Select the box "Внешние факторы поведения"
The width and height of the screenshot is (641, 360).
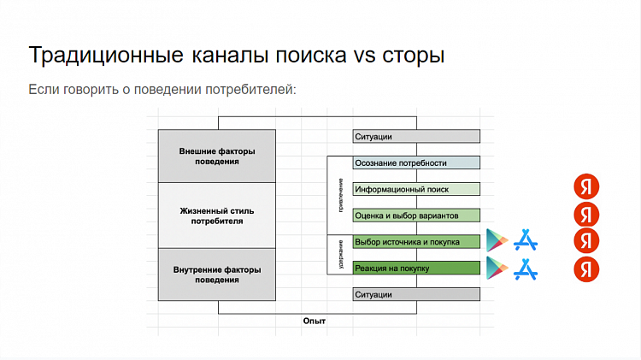pos(216,156)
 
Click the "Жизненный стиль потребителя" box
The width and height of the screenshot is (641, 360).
pos(216,215)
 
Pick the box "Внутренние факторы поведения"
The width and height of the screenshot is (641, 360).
pos(216,274)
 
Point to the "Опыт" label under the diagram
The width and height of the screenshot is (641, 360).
pos(315,321)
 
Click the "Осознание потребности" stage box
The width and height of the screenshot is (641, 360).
pos(416,162)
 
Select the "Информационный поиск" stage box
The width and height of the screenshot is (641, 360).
pos(416,189)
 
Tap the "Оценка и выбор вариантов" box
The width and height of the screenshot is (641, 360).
pos(416,215)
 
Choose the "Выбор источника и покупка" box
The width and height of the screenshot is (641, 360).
pos(416,241)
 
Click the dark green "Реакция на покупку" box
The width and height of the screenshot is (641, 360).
pos(416,268)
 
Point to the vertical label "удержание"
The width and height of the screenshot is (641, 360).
pos(340,254)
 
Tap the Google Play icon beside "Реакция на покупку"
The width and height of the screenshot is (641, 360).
pos(497,269)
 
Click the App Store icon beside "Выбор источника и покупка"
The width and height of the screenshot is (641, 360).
pos(526,241)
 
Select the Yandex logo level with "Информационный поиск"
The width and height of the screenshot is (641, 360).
pos(586,186)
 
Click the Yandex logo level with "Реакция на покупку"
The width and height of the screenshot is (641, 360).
pos(586,269)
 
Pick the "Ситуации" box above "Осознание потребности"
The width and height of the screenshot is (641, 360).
pos(416,136)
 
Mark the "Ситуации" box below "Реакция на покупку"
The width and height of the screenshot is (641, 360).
pos(416,294)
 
